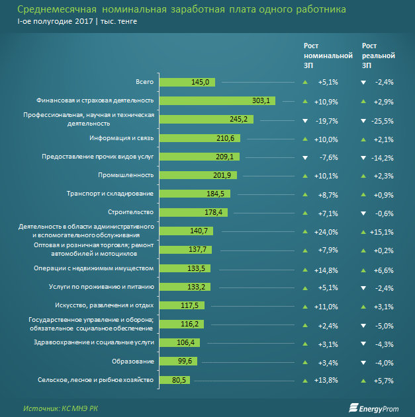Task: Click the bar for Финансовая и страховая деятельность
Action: pos(216,100)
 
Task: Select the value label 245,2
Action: pos(238,120)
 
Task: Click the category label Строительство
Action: pos(130,212)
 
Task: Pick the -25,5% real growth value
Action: pos(383,120)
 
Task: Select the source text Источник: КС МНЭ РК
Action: pos(58,408)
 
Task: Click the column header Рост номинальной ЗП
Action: pos(328,56)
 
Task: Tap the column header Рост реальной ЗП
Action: pos(379,56)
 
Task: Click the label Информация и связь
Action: pos(122,138)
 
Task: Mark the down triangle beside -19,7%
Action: pos(305,120)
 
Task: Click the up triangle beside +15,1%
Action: pos(363,231)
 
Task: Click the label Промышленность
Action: pos(126,175)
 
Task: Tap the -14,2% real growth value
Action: pos(383,157)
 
